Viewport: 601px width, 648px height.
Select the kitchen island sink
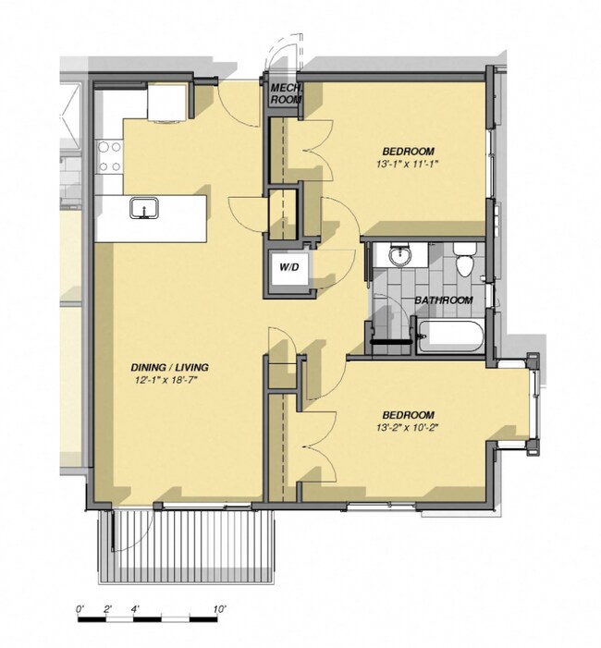[x=144, y=208]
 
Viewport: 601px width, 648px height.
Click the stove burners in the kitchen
[x=110, y=156]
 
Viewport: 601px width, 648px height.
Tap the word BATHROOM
[x=444, y=300]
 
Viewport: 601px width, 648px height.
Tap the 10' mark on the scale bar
[x=220, y=610]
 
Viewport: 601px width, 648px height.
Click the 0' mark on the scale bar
[x=80, y=610]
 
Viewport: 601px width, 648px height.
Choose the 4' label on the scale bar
[x=137, y=610]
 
